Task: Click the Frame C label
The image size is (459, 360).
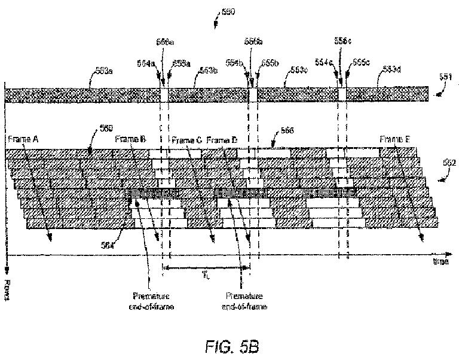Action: click(x=186, y=140)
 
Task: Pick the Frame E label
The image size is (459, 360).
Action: click(x=395, y=139)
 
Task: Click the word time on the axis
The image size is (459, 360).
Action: click(x=441, y=261)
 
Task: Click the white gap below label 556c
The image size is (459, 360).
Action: click(x=342, y=94)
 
